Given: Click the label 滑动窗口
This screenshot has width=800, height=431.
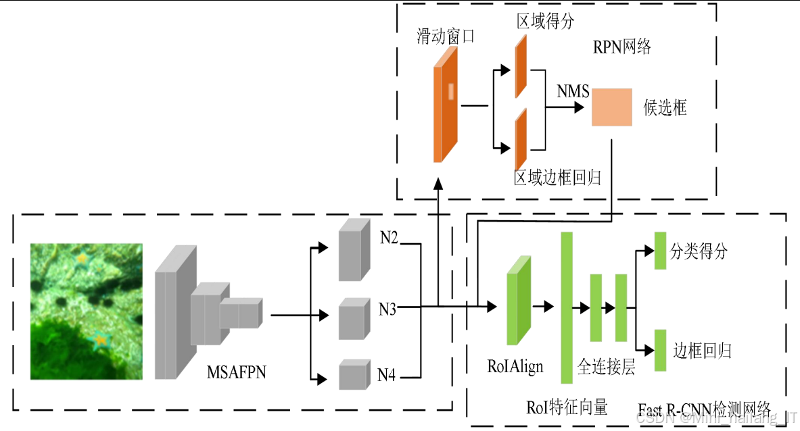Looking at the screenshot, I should [x=445, y=36].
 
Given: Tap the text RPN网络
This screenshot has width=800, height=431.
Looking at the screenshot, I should [x=621, y=47].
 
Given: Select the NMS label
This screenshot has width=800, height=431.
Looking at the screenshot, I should [x=573, y=91].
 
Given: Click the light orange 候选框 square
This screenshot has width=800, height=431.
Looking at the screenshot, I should [x=611, y=107].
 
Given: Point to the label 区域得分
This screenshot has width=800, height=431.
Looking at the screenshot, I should [x=545, y=22].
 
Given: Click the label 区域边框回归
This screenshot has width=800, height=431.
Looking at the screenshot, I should [x=557, y=178].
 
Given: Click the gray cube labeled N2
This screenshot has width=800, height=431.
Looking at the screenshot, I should [x=354, y=249].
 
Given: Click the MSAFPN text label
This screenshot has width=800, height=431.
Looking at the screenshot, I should [x=236, y=372].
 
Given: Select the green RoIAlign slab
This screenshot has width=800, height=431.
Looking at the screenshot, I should [x=518, y=301].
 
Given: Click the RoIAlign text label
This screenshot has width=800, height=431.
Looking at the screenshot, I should [x=515, y=367].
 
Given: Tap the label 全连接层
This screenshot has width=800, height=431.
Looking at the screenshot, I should [x=606, y=367].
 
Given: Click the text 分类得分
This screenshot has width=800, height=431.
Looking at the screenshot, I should [x=699, y=251].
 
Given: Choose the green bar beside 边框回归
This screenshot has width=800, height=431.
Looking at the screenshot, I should [x=661, y=350].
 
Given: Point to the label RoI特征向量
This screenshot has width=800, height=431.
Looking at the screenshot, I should [x=567, y=407].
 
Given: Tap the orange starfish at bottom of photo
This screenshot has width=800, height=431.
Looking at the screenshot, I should [x=101, y=339].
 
